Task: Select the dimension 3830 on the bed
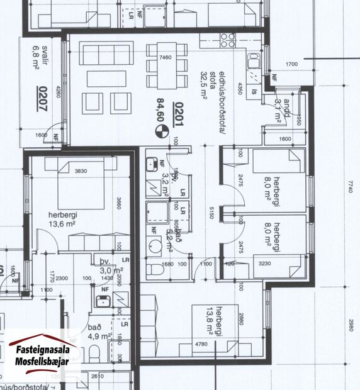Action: click(81, 172)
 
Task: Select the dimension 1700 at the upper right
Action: click(291, 64)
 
